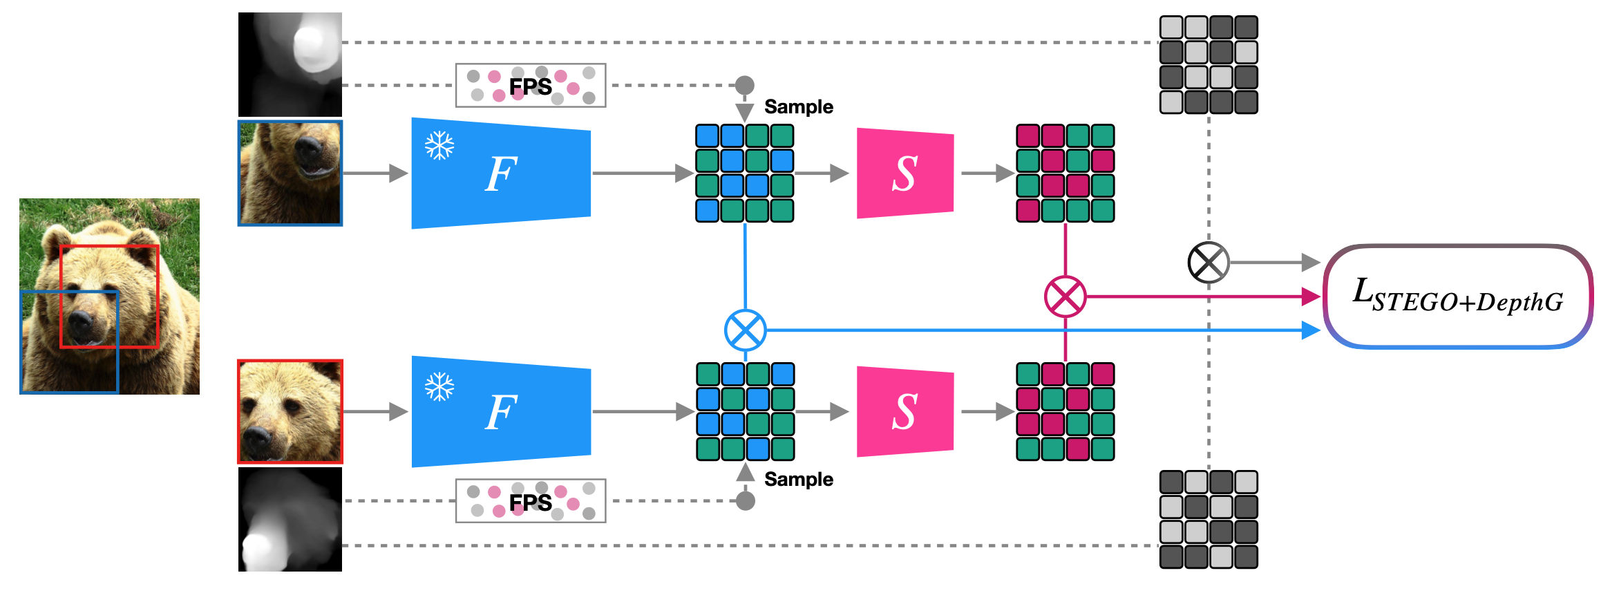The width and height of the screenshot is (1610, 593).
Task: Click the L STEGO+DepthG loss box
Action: [1458, 296]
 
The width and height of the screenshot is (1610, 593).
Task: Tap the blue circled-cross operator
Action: [745, 330]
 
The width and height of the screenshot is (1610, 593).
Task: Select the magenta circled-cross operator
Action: [1065, 296]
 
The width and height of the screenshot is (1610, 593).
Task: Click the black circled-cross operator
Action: [1208, 263]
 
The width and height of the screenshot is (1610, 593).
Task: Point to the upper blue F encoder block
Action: [501, 173]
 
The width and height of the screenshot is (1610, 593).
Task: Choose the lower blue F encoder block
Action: [501, 411]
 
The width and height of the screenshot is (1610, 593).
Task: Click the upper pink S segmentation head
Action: [905, 173]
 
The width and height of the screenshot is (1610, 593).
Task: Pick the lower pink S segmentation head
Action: [905, 411]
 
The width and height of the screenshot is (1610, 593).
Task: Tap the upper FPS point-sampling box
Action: [531, 86]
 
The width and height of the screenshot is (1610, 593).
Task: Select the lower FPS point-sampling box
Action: [531, 501]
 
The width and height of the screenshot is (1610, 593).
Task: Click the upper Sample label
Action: [799, 107]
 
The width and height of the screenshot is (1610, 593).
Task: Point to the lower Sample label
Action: [799, 480]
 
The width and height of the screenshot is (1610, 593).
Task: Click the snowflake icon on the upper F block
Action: [439, 146]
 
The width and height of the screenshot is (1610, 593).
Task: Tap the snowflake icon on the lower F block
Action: [439, 386]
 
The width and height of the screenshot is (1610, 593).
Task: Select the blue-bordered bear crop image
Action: [290, 173]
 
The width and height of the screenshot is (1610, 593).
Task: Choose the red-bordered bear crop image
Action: [290, 411]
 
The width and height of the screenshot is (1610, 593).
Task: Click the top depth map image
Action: [290, 64]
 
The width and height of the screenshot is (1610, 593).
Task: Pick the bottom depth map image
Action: [290, 520]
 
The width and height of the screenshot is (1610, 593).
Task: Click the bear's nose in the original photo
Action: [82, 321]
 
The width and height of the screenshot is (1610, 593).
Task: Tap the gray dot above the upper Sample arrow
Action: [744, 85]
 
